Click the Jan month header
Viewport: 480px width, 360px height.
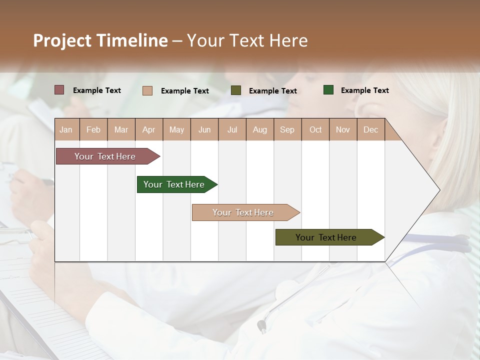[x=66, y=129]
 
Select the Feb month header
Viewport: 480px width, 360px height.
[x=93, y=129]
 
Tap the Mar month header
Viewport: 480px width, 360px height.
[x=121, y=129]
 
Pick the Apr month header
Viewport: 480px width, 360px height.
[x=148, y=129]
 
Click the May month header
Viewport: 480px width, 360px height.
[x=176, y=129]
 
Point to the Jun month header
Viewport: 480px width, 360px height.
[x=204, y=129]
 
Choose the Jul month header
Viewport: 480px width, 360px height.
[x=232, y=129]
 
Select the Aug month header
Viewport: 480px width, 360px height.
[x=260, y=129]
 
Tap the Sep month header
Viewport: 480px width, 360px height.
[x=287, y=129]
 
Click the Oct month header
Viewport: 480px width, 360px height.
[x=315, y=129]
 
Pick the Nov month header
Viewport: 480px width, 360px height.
[x=343, y=129]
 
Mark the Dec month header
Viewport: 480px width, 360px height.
[x=371, y=129]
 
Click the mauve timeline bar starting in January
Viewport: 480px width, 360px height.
[x=105, y=156]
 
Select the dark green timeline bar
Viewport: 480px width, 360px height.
[x=174, y=184]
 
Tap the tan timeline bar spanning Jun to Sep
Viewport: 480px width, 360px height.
[x=243, y=212]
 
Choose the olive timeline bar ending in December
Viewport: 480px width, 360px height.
[x=326, y=237]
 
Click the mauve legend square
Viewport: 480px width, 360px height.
[x=59, y=90]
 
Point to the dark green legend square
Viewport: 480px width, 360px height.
[x=328, y=90]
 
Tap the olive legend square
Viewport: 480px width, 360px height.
[x=236, y=90]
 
